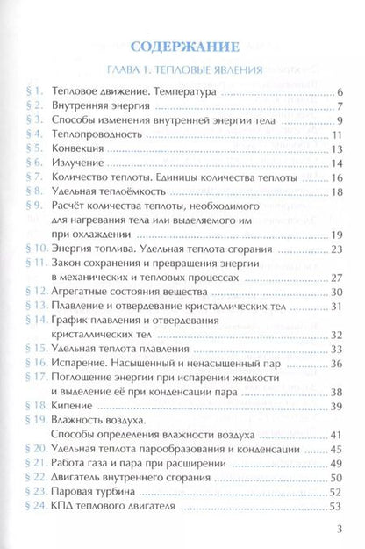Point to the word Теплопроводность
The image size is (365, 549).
pyautogui.click(x=97, y=135)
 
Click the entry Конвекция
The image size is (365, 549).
pyautogui.click(x=81, y=149)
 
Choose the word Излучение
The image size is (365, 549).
pyautogui.click(x=82, y=163)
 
